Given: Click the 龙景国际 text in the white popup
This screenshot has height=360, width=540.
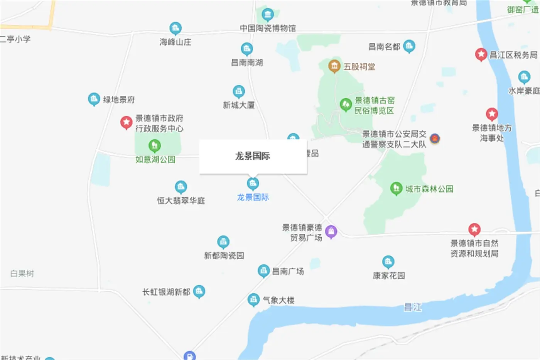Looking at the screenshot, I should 253,156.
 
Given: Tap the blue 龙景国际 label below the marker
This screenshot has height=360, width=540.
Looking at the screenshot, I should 253,197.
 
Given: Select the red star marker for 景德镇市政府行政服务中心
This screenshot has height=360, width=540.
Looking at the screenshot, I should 126,122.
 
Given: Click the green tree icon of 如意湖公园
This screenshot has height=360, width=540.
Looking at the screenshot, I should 154,145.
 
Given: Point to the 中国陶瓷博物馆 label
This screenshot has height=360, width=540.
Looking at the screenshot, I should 268,28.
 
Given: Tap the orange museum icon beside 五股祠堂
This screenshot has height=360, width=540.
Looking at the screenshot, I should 334,66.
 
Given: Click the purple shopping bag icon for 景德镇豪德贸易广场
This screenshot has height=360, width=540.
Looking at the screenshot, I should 331,232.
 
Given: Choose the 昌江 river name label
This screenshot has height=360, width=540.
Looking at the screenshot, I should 412,307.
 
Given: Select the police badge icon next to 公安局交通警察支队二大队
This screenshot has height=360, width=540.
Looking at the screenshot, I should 435,139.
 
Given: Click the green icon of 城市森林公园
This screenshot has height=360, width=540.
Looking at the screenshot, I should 396,188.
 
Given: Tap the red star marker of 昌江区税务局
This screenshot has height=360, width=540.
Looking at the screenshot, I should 481,54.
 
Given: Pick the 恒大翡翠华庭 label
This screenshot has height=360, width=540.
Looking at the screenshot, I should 181,201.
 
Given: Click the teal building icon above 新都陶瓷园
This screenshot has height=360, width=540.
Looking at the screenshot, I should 223,242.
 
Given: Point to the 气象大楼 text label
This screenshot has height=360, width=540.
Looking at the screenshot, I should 278,300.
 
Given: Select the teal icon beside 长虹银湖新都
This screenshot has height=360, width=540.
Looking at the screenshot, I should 199,291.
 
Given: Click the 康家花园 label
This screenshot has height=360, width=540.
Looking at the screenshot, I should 389,275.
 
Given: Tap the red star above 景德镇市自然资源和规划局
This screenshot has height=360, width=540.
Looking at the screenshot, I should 474,230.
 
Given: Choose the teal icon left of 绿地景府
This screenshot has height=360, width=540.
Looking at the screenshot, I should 94,99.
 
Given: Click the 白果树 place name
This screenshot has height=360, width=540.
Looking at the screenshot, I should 22,274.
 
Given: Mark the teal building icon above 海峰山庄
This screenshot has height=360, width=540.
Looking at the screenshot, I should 175,28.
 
